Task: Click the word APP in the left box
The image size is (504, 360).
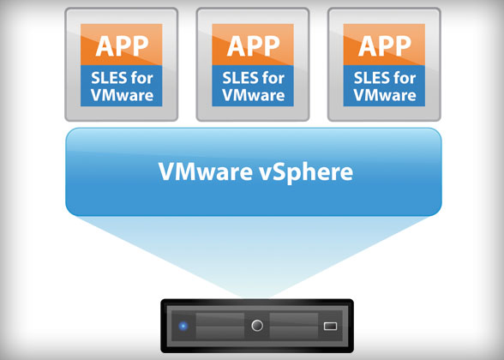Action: click(x=122, y=46)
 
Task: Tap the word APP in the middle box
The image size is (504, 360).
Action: click(x=254, y=46)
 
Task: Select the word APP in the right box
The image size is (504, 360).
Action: click(x=385, y=46)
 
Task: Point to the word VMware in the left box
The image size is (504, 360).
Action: click(x=122, y=95)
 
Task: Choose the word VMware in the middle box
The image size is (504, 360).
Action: click(x=254, y=95)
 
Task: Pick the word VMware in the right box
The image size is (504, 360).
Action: click(x=385, y=95)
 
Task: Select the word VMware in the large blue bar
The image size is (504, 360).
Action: click(x=206, y=171)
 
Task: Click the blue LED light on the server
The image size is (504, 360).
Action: click(x=183, y=327)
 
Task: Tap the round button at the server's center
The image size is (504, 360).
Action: click(x=257, y=326)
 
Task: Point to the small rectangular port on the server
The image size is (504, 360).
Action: click(x=330, y=327)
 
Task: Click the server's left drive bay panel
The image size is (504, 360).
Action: click(x=219, y=326)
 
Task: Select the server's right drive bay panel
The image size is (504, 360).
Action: click(x=294, y=326)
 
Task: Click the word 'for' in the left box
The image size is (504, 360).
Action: click(x=141, y=78)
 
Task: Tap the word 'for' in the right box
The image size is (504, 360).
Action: click(x=405, y=78)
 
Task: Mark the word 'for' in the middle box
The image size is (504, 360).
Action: click(x=273, y=78)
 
